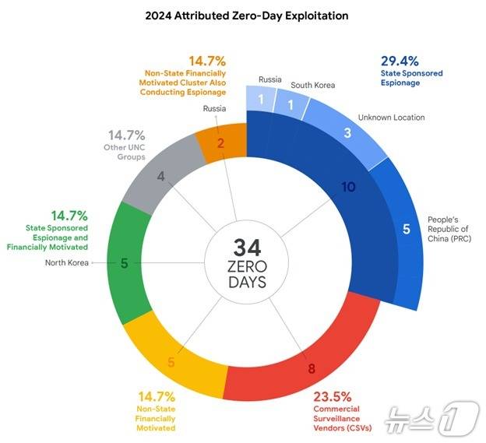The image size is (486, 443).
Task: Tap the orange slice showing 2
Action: point(220,142)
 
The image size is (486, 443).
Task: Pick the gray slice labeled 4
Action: point(161,176)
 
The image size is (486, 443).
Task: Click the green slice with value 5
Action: point(125,264)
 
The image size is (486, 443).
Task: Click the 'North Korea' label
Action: point(67,263)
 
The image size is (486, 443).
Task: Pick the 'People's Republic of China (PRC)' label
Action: point(449,230)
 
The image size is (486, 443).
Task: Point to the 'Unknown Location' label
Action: point(391,118)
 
